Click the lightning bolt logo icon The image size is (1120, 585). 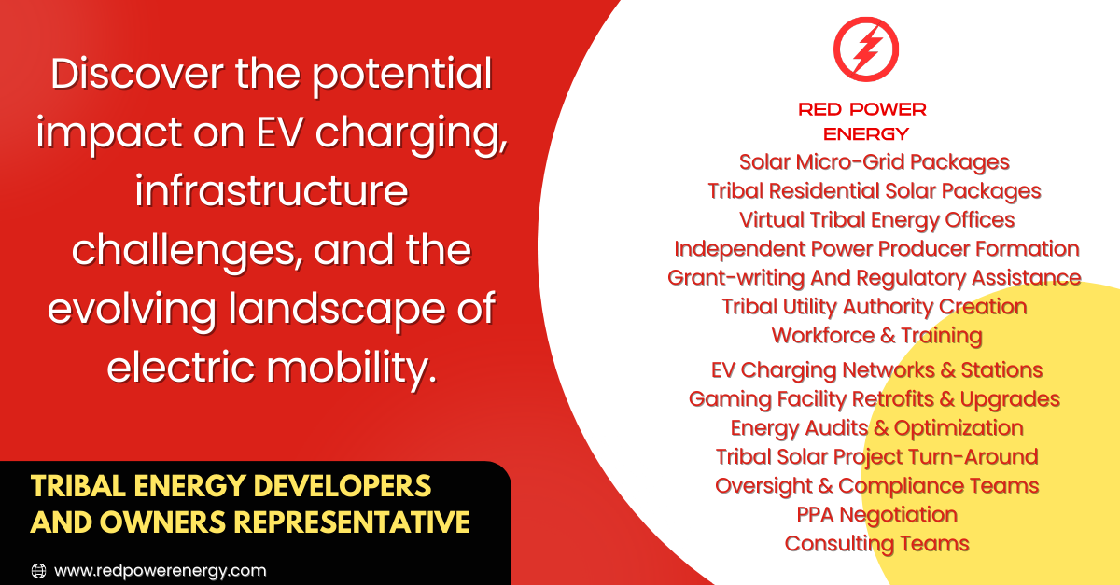coord(866,49)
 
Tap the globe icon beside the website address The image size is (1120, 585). coord(38,570)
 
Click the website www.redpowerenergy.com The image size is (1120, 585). coord(160,570)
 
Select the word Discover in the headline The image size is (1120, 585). coord(137,74)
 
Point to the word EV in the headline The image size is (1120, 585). coord(279,133)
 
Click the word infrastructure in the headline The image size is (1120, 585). coord(272,191)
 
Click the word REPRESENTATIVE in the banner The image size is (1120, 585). coord(352,522)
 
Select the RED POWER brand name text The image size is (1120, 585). coord(862,109)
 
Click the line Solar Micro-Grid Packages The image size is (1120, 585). coord(874,162)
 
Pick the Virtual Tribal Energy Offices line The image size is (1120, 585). coord(876,220)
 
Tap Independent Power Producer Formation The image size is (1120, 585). coord(876,249)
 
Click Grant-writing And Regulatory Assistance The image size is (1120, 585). coord(874,278)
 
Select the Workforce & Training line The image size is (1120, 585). coord(876,336)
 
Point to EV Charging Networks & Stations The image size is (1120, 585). coord(876,370)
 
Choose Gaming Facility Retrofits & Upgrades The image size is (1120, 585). coord(874,399)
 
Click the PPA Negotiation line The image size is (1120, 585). coord(876,515)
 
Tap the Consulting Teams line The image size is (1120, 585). coord(876,544)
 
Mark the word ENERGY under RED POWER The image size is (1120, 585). coord(865,134)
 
